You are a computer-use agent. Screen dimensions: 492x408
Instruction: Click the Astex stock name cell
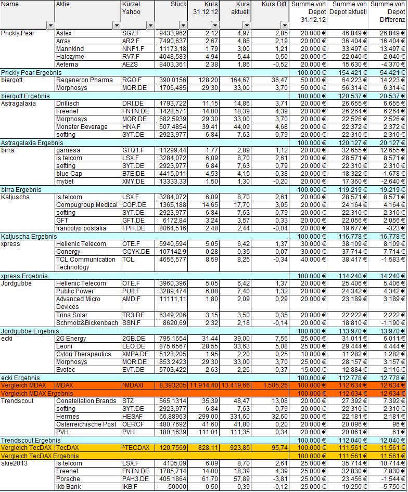(64, 33)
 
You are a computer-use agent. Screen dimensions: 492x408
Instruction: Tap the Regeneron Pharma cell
(84, 80)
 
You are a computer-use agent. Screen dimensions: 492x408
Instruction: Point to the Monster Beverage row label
(82, 127)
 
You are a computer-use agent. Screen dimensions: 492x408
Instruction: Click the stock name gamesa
(66, 150)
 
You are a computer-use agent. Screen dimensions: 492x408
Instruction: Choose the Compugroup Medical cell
(86, 205)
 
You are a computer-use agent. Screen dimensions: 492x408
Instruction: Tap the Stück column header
(178, 4)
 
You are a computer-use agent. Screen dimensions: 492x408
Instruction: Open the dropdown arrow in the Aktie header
(113, 25)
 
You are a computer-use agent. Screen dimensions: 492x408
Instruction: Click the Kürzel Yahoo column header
(131, 7)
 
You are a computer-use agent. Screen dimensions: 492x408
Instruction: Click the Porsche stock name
(68, 479)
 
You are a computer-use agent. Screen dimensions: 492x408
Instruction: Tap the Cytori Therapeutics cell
(83, 354)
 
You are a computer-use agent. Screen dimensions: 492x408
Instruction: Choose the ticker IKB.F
(130, 487)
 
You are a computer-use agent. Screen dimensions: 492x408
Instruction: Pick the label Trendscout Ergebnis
(29, 440)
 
